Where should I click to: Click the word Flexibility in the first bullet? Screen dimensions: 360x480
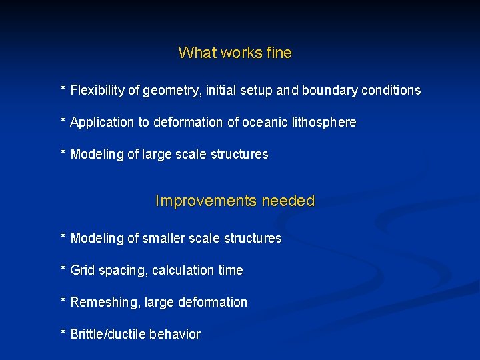click(x=97, y=90)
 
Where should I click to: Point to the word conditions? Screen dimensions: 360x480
click(x=391, y=90)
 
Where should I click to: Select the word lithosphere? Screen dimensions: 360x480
click(x=324, y=123)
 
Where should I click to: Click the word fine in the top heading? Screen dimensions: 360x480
click(x=279, y=53)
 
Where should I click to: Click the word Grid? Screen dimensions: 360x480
click(x=83, y=271)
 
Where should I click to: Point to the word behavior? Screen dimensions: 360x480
click(x=175, y=335)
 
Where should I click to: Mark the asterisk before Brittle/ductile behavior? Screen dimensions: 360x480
click(x=63, y=333)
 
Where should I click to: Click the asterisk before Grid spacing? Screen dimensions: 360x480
click(x=63, y=269)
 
